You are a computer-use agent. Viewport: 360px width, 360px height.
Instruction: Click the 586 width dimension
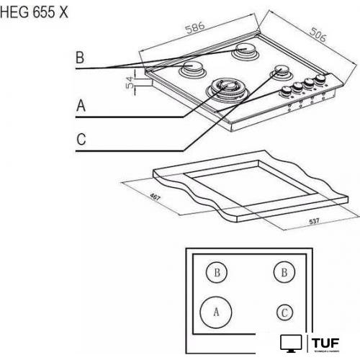point(194,27)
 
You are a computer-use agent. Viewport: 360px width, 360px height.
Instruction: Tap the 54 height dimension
point(130,84)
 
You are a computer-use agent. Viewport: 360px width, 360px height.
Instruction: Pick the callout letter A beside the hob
point(81,105)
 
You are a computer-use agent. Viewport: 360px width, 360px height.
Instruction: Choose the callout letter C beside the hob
point(81,139)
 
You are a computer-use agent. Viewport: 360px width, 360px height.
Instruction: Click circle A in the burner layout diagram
point(216,312)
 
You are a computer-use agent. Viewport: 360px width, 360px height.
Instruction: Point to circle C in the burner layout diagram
point(285,312)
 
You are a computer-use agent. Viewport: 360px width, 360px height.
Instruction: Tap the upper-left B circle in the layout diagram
point(216,272)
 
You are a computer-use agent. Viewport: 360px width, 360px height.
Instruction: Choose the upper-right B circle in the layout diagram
point(284,272)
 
